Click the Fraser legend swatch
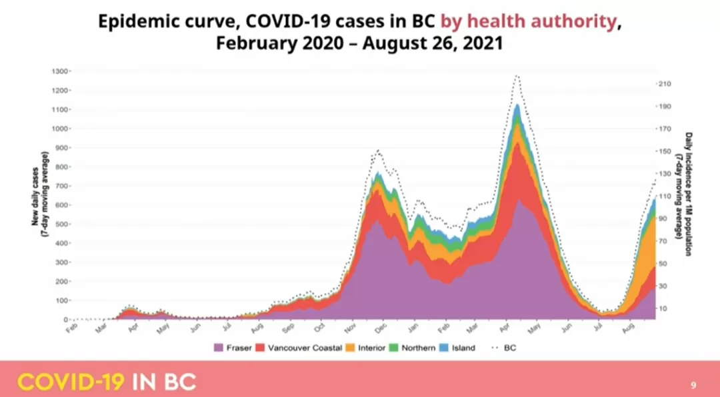pos(218,348)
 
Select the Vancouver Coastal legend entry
pos(299,348)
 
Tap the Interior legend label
pos(371,348)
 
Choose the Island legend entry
pos(457,348)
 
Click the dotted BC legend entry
pos(503,348)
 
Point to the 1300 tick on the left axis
pos(61,71)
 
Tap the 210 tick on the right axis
pos(664,84)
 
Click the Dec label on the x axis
pos(381,328)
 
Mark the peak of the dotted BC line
pos(517,75)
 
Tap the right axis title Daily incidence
pos(684,194)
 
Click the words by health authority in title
pos(528,21)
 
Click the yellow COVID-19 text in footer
pos(71,382)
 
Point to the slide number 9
pos(693,385)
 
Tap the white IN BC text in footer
pos(164,382)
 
